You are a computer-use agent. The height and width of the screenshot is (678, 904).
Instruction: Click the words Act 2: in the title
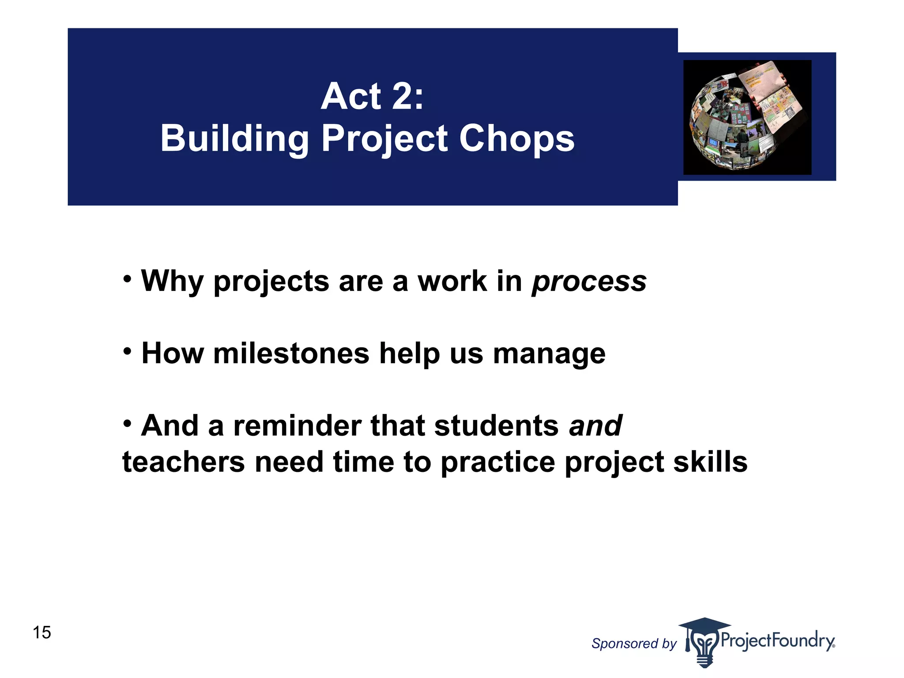point(372,96)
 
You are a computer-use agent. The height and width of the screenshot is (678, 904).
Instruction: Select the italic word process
point(589,282)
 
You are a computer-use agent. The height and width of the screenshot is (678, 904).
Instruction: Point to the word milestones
point(291,354)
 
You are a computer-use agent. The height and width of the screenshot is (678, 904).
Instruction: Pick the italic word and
point(595,426)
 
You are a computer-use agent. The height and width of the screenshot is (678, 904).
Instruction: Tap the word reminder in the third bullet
point(297,426)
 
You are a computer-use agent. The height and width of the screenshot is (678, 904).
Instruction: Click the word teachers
point(183,463)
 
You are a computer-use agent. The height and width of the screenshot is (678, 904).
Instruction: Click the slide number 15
point(42,633)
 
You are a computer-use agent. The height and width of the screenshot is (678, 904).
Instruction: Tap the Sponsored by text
point(633,644)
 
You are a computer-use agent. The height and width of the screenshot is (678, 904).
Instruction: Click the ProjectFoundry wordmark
point(777,640)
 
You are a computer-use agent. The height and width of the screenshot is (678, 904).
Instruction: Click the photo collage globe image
point(747,117)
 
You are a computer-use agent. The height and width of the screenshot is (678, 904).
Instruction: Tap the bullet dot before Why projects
point(128,279)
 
